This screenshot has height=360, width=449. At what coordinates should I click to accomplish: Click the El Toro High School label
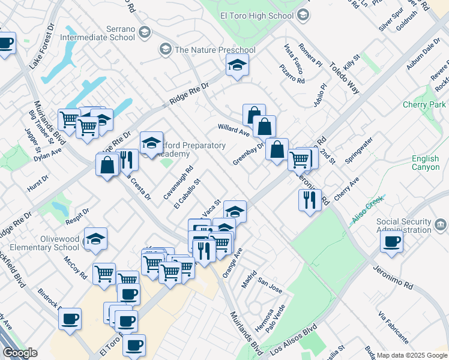257,16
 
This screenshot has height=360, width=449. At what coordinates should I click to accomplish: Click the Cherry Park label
424,104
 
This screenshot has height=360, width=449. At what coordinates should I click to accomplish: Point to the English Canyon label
426,163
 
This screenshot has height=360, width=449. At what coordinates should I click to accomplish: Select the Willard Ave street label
234,128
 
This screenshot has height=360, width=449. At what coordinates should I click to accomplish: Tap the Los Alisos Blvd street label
293,340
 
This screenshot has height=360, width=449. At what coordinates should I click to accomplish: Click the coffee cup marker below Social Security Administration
391,242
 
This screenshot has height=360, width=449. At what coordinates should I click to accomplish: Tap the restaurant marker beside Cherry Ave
310,200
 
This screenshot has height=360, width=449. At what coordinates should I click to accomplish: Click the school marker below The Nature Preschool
238,66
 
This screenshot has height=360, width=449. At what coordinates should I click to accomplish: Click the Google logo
20,353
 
